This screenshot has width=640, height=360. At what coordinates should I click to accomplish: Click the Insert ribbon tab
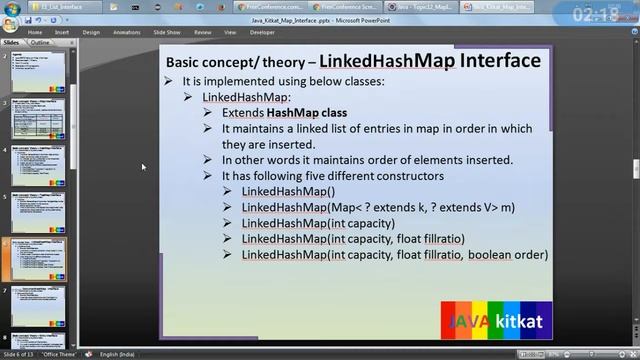(x=62, y=32)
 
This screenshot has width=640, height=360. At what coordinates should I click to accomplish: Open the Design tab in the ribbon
(x=91, y=32)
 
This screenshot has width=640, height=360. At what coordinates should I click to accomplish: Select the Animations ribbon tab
(x=127, y=32)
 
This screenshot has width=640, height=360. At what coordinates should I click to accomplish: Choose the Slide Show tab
(x=167, y=32)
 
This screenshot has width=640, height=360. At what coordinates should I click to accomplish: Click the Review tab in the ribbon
(x=203, y=32)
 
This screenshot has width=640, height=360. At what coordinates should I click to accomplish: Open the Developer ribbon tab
(x=262, y=32)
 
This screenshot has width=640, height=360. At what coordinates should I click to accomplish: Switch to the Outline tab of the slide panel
(x=40, y=44)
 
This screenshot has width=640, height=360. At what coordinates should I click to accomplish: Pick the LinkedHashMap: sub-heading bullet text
(x=246, y=97)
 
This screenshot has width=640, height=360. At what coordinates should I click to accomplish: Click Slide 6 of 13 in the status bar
(x=23, y=354)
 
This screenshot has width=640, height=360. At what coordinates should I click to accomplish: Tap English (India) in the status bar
(x=123, y=354)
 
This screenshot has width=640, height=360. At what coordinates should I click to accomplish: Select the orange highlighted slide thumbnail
(x=37, y=258)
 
